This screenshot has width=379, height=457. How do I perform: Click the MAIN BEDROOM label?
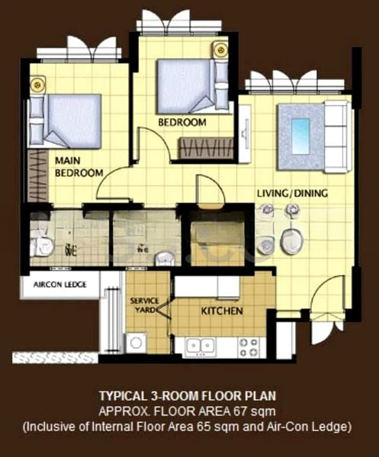tap(78, 167)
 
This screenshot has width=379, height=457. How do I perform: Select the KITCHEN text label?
tap(222, 312)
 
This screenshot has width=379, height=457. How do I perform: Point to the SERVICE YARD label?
tap(145, 305)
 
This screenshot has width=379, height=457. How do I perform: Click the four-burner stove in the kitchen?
tap(249, 346)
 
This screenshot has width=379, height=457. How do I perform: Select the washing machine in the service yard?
tap(137, 342)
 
